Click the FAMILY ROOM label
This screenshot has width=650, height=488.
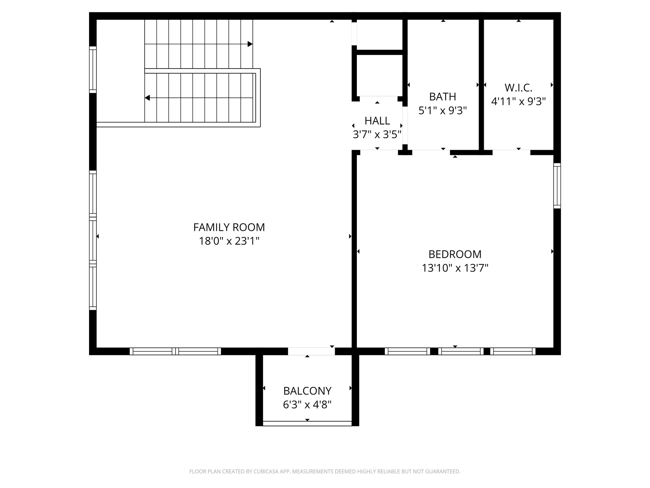[229, 227]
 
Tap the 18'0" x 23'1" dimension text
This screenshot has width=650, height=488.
[229, 241]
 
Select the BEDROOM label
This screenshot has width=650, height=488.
[455, 254]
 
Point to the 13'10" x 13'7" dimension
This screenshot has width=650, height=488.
[455, 268]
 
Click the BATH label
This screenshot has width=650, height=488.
[442, 97]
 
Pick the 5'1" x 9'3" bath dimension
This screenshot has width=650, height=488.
[442, 110]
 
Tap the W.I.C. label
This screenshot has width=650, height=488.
[518, 88]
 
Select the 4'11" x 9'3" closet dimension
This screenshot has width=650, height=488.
[518, 101]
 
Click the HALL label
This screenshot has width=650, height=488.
[377, 121]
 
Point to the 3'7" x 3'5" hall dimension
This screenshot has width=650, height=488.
[377, 135]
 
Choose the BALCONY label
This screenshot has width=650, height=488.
[307, 391]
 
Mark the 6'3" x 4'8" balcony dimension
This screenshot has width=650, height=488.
[307, 405]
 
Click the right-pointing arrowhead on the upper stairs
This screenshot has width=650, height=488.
[250, 44]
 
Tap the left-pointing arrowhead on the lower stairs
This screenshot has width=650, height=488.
[147, 98]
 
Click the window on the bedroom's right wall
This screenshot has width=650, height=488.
[557, 186]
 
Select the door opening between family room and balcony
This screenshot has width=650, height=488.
[311, 351]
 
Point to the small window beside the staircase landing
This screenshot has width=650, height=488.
[93, 69]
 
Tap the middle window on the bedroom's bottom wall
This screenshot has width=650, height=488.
[461, 351]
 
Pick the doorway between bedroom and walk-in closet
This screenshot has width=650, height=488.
[511, 152]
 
